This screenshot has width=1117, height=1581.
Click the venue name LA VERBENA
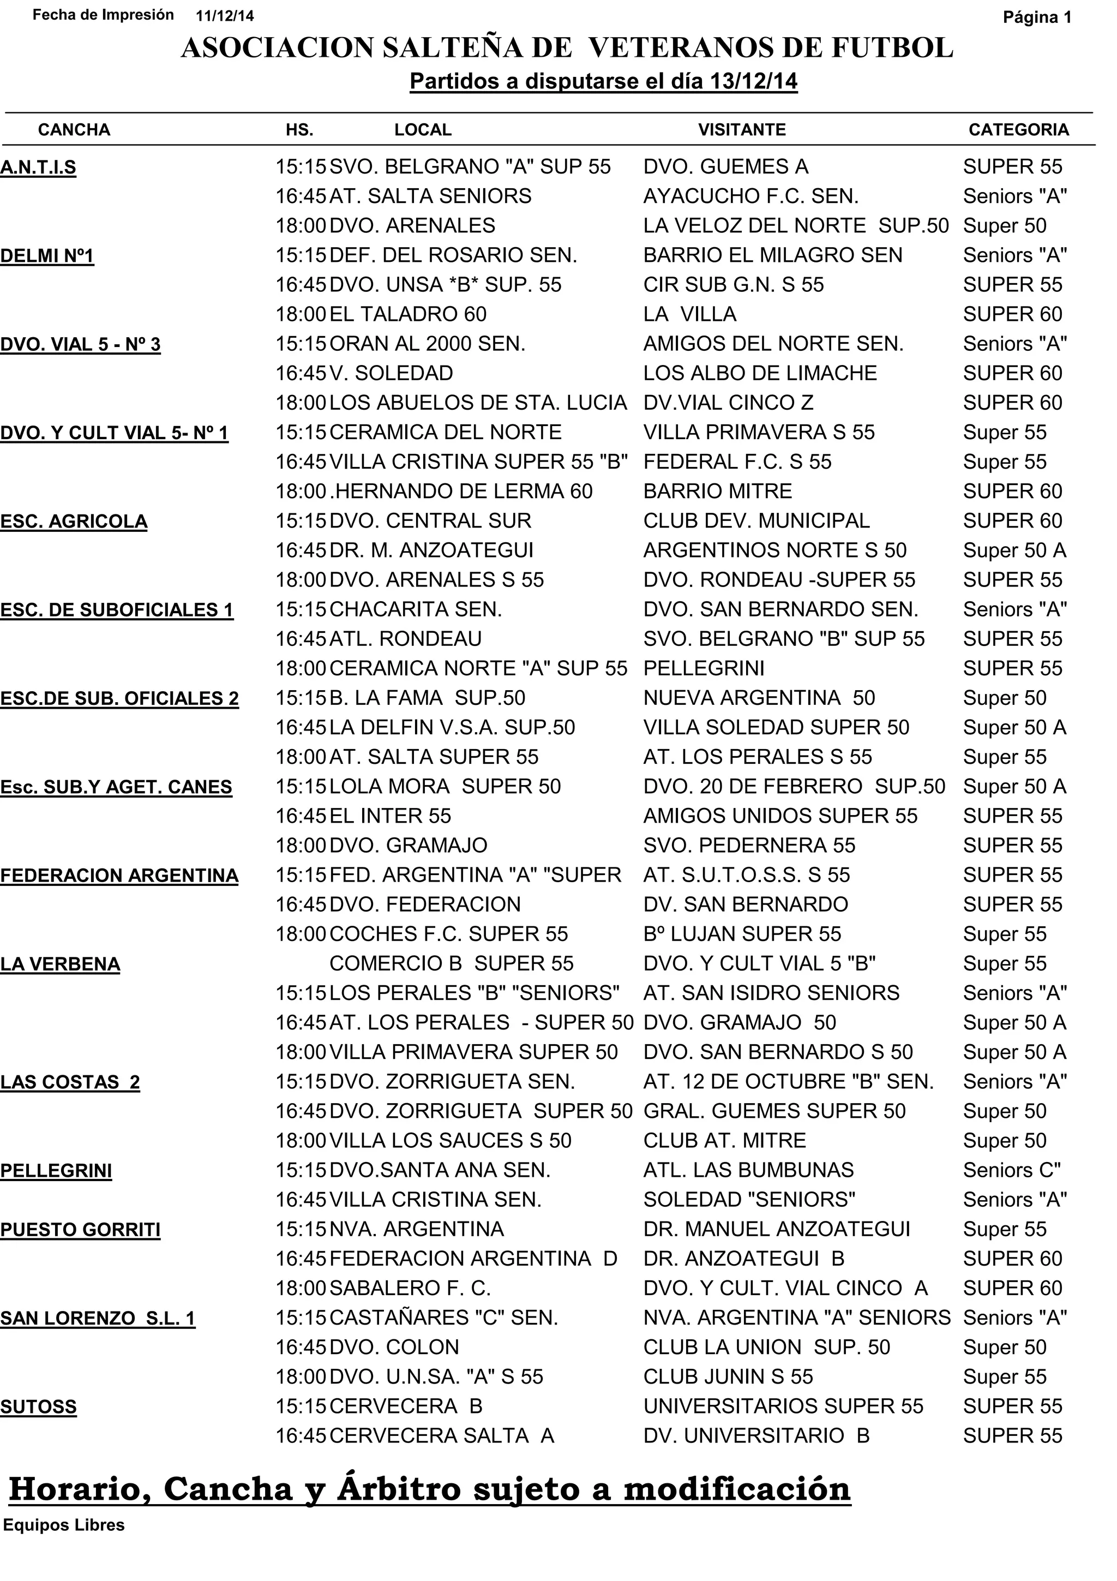[60, 964]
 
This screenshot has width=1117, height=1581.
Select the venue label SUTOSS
[39, 1407]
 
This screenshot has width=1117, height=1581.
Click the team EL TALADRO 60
[407, 315]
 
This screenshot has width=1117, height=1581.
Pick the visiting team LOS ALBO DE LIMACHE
[760, 373]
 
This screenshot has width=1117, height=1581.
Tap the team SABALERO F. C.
[410, 1289]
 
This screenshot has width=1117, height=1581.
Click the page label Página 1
[1036, 17]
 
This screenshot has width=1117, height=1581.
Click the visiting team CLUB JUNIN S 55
[728, 1376]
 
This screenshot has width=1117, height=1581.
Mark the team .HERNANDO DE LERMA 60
[460, 492]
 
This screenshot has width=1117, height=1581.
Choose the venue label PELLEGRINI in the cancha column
[56, 1171]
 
